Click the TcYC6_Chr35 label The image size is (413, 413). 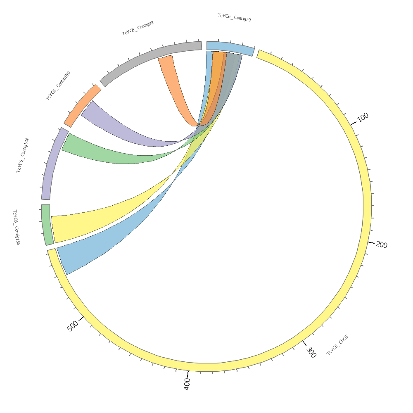pos(338,345)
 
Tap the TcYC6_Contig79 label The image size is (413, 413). pos(234,17)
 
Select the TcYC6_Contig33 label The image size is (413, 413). pos(138,28)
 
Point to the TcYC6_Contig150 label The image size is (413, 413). pos(58,85)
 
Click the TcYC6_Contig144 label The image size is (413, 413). pos(23,155)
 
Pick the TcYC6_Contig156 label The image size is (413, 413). pos(17,227)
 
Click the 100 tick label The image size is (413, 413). pos(363,117)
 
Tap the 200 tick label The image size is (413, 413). pos(382,245)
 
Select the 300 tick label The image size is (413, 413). pos(311,352)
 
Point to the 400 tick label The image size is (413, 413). pos(187,384)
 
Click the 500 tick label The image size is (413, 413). pos(73,326)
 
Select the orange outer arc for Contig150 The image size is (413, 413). pos(82,105)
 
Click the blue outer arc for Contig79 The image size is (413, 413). pos(230,47)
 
